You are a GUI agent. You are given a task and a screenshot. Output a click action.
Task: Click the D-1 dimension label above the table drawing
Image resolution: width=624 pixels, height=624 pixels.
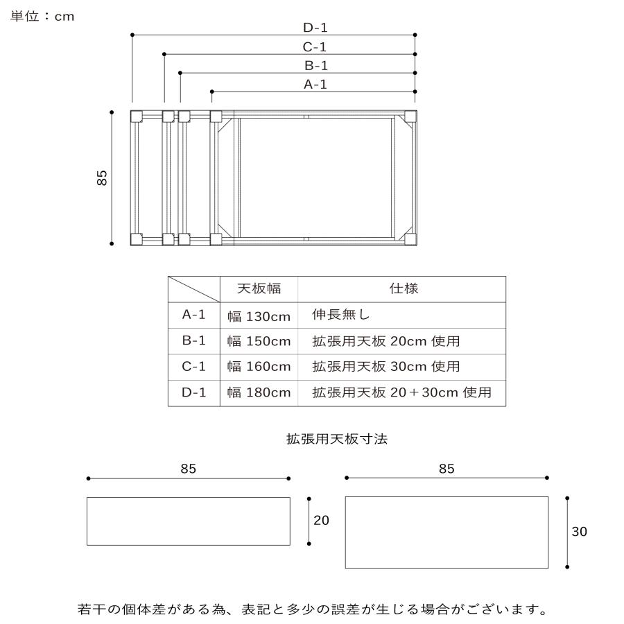coord(315,28)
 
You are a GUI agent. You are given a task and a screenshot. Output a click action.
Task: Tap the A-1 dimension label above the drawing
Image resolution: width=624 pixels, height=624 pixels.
coord(315,85)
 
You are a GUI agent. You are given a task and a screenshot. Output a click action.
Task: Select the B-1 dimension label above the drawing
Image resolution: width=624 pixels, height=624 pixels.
coord(316,65)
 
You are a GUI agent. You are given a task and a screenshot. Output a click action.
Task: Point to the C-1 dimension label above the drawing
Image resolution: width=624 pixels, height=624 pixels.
coord(314,47)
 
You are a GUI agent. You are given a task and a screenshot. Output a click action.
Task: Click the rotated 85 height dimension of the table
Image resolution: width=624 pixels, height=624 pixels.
coord(102,177)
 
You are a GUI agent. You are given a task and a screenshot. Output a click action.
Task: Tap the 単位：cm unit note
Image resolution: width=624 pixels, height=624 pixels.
coord(42,17)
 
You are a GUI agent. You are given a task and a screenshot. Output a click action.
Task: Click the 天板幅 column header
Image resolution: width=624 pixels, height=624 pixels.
coord(259,288)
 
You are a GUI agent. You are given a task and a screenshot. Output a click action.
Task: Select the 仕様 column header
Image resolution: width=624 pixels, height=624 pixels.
coord(404,288)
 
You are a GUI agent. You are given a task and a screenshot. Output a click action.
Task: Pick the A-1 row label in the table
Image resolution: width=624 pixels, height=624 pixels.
coord(194,314)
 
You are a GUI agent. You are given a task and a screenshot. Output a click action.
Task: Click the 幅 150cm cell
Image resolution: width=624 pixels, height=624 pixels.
coord(259,341)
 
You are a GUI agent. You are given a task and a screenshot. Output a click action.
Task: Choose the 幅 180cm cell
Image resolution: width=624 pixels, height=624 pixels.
coord(259,393)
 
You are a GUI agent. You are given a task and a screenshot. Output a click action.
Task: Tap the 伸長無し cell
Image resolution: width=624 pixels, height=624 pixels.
coord(341,314)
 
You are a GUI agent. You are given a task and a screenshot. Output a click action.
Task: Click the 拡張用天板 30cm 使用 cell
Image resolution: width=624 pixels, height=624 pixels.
coord(386,367)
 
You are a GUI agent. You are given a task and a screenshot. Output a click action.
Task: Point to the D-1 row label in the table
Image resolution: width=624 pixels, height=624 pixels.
coord(194,392)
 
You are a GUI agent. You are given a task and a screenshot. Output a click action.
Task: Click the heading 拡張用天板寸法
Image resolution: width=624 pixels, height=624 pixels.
coord(337,439)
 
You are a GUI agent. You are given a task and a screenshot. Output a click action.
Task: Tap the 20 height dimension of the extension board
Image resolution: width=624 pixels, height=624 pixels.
coord(321,520)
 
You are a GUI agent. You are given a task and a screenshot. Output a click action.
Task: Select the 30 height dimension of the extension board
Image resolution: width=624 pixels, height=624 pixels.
coord(579,532)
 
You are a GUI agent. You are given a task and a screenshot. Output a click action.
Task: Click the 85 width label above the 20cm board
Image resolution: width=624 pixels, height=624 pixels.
coord(188,469)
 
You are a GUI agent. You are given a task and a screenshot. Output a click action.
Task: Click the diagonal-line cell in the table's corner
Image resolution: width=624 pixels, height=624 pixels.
coord(194,289)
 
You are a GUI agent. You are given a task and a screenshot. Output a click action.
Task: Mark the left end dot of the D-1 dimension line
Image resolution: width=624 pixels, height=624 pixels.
coord(132,35)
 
